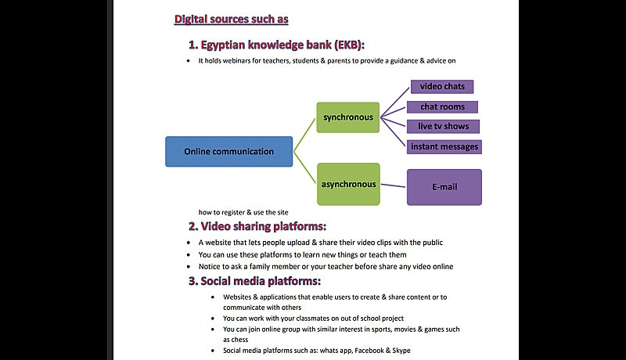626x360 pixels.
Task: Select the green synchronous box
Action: (347, 118)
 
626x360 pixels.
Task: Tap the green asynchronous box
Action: (347, 185)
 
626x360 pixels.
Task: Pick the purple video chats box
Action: (442, 86)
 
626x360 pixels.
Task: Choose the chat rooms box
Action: (442, 106)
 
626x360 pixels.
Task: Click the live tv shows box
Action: (443, 126)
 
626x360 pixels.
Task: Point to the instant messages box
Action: (444, 146)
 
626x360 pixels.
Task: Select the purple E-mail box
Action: (444, 187)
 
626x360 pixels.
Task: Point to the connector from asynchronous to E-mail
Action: (393, 185)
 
